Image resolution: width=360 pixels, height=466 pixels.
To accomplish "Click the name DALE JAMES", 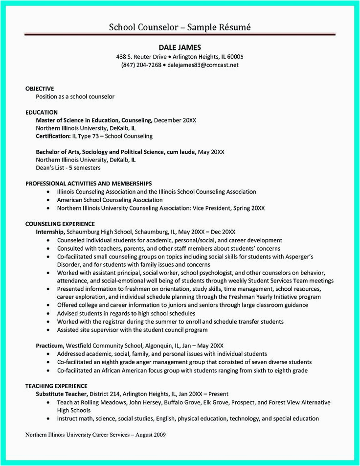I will coord(180,47).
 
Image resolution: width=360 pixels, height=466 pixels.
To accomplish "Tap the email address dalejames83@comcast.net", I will coord(203,65).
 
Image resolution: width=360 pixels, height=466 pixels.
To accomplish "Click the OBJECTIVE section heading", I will coord(40,89).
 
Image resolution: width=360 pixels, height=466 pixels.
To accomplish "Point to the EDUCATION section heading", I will coord(42,112).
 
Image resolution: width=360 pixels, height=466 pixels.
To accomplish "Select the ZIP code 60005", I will coord(235,57).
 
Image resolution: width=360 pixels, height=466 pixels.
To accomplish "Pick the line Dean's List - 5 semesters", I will coord(68,167).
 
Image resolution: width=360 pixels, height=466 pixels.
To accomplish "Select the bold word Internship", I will coord(50,231).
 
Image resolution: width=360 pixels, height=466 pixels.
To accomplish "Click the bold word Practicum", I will coord(49,346).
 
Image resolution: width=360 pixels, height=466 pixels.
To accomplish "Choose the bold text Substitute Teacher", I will coord(62,394).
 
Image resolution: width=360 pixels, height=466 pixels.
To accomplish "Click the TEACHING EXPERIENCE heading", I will coord(56,386).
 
